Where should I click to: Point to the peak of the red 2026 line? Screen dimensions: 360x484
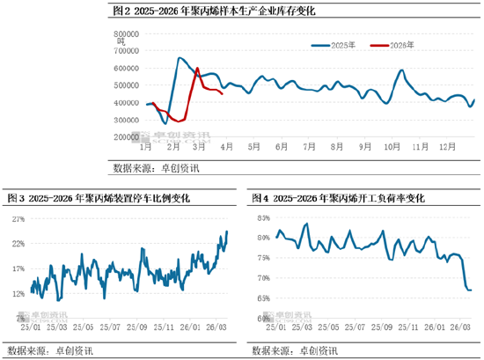tap(197, 69)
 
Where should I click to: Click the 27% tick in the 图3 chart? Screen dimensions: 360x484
tap(18, 219)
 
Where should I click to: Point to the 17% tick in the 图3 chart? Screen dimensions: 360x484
tap(18, 269)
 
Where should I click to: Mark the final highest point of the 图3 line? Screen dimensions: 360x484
tap(227, 231)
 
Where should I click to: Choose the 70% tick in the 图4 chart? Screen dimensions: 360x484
tap(263, 277)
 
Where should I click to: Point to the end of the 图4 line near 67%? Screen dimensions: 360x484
tap(471, 290)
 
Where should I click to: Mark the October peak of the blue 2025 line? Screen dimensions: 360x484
tap(401, 70)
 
